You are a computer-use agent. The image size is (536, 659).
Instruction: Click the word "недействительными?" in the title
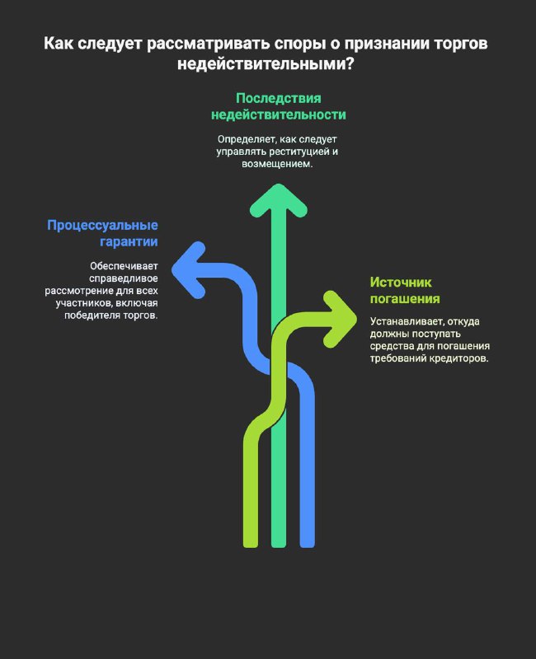point(266,64)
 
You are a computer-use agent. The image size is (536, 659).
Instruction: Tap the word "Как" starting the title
point(59,44)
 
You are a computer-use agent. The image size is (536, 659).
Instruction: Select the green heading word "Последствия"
point(279,98)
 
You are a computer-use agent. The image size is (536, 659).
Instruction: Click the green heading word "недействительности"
point(279,115)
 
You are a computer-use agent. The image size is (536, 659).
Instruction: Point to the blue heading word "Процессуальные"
point(102,225)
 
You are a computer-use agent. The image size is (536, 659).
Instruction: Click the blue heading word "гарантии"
point(129,241)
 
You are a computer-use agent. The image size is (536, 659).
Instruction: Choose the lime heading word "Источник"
point(401,282)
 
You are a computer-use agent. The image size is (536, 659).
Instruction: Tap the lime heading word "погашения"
point(405,299)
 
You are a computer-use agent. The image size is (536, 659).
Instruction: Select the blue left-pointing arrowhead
point(188,270)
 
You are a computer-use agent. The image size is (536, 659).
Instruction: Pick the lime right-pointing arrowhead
point(340,319)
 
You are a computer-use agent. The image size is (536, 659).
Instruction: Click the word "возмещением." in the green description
point(277,163)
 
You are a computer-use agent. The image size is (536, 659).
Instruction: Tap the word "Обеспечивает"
point(124,265)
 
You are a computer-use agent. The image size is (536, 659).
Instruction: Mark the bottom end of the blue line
point(308,546)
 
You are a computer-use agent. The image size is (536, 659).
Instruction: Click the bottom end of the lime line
point(251,546)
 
